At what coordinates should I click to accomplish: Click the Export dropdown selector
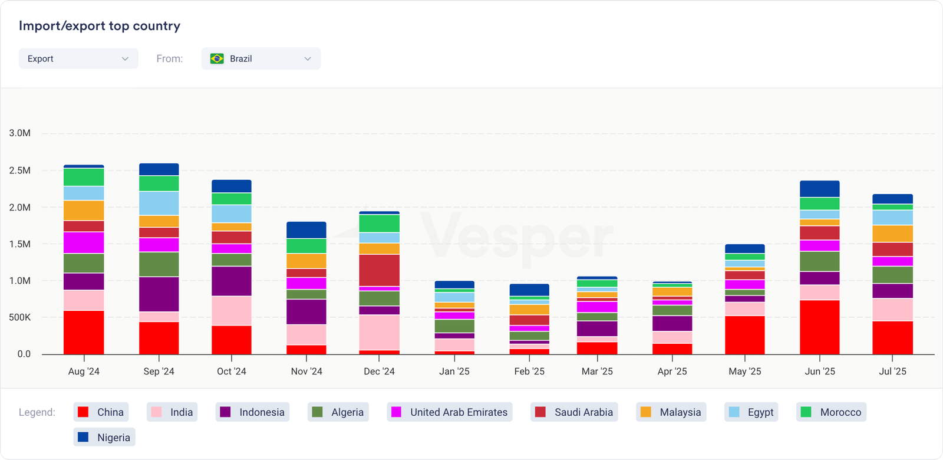point(78,58)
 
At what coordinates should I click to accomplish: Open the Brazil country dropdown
point(261,58)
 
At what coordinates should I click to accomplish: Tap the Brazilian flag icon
point(217,58)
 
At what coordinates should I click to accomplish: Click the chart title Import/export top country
point(100,26)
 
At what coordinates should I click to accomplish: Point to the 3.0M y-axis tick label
point(20,133)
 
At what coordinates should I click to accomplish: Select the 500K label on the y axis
point(20,317)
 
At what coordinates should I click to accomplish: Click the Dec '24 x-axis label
point(379,372)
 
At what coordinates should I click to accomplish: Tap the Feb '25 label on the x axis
point(529,372)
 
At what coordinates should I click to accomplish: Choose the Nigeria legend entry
point(104,437)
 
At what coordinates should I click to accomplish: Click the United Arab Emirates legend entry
point(450,412)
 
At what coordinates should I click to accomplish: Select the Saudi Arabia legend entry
point(574,412)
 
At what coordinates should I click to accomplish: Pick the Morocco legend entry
point(831,412)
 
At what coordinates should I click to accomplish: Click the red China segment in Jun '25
point(820,327)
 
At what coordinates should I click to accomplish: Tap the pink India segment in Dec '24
point(379,333)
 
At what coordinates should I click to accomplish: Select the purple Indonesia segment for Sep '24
point(159,294)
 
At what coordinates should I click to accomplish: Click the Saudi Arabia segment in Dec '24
point(379,270)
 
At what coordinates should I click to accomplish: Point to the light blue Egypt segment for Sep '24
point(159,203)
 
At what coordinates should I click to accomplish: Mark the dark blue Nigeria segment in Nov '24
point(306,230)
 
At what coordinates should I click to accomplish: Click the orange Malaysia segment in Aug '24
point(84,211)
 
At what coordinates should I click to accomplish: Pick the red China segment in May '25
point(745,335)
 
